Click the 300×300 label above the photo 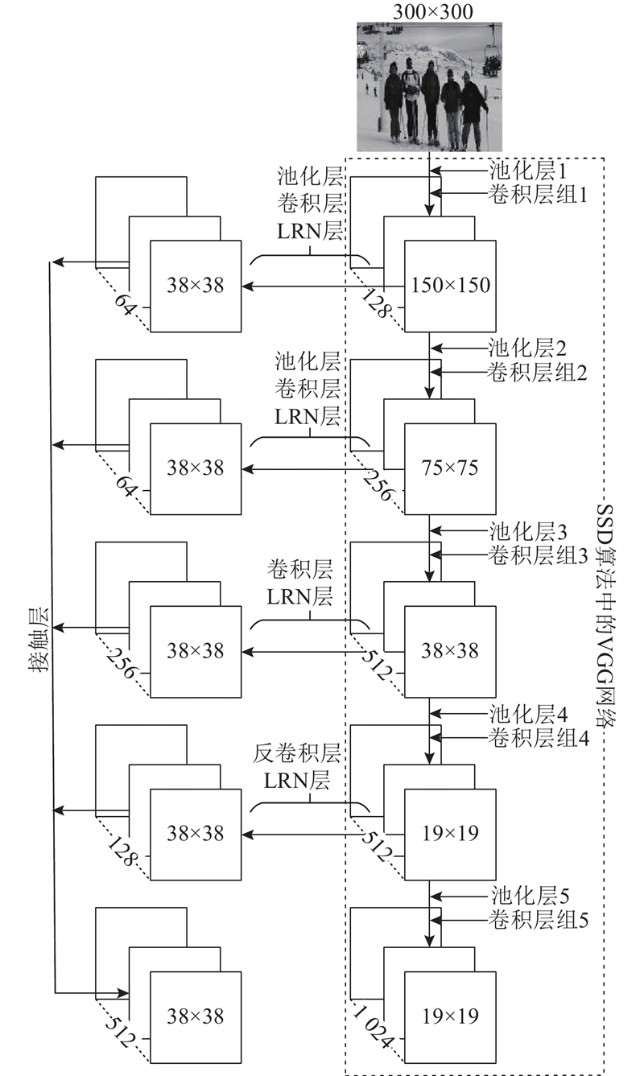432,12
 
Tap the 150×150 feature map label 450,286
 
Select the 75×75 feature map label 450,468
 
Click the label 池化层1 528,171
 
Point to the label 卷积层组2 537,373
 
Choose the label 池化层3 528,531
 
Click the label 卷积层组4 539,738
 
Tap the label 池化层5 530,897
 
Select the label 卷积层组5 539,921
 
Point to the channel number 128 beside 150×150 375,303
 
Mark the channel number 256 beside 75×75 378,485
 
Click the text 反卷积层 296,753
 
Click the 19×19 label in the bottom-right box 450,1016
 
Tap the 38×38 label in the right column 450,651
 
